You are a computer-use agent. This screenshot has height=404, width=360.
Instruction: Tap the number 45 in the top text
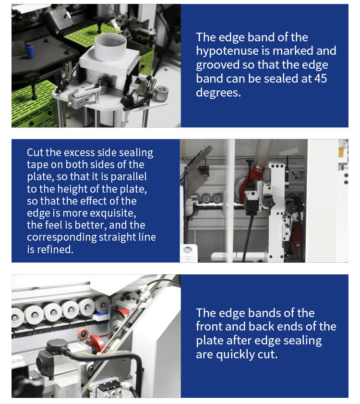click(320, 78)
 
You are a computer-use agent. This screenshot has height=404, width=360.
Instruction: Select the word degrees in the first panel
click(218, 93)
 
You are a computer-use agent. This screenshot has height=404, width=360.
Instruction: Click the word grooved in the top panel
click(217, 65)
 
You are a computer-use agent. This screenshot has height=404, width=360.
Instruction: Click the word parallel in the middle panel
click(129, 176)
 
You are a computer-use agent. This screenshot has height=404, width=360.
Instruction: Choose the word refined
click(55, 249)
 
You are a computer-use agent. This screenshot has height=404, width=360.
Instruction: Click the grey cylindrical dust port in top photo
click(110, 47)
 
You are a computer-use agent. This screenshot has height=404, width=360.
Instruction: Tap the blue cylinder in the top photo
click(30, 51)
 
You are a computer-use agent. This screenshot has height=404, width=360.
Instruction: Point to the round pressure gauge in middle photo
click(188, 250)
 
